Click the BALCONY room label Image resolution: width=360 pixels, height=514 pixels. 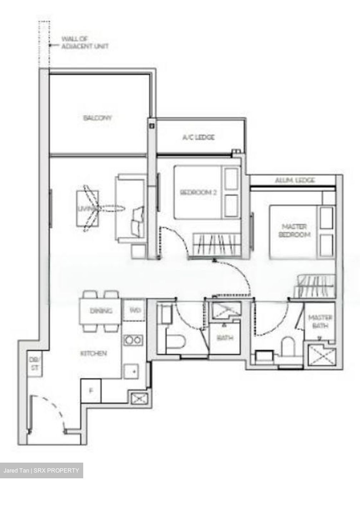click(97, 118)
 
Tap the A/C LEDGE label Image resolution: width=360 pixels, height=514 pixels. click(199, 137)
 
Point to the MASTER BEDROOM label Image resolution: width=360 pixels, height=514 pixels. click(294, 231)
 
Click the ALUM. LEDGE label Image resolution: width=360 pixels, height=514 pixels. click(295, 181)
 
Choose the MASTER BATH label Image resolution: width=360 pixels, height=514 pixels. click(320, 321)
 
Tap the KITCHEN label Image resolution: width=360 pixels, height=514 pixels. click(94, 353)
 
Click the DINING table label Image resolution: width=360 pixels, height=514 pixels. click(101, 311)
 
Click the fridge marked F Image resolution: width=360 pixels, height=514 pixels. click(91, 390)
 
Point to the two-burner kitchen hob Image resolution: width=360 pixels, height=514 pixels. click(133, 340)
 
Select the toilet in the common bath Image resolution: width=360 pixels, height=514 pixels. click(175, 343)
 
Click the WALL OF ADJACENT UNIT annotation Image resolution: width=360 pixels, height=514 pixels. click(85, 42)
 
